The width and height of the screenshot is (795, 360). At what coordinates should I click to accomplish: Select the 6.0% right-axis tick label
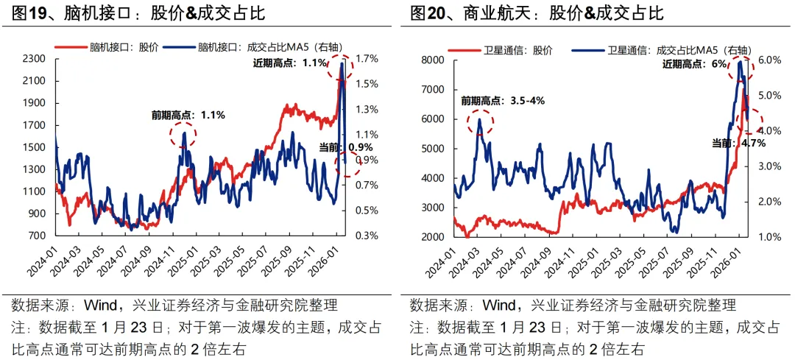point(760,60)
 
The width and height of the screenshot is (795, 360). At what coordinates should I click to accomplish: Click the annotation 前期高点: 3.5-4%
point(503,101)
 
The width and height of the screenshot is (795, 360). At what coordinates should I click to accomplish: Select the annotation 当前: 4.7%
point(739,143)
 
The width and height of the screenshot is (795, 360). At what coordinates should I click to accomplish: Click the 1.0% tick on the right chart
point(760,237)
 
